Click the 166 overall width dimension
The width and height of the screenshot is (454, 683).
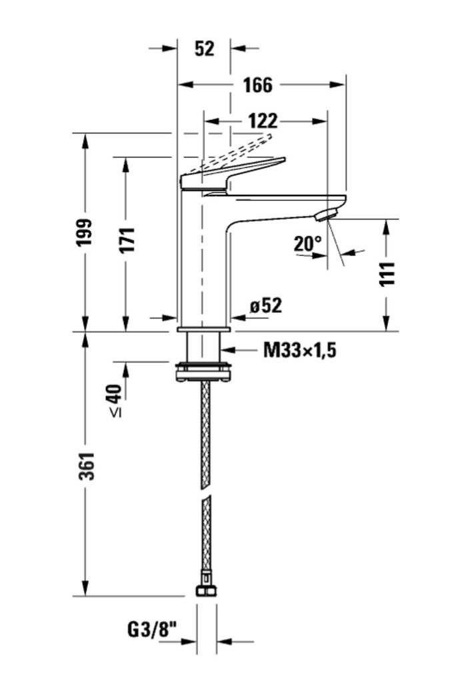tap(257, 85)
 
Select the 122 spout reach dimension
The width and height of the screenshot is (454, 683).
tap(262, 121)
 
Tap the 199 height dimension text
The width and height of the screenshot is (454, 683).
tap(85, 233)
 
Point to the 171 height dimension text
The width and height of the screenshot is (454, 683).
tap(127, 240)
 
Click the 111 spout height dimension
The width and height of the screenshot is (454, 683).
tap(387, 273)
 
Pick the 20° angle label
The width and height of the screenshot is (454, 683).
tap(308, 244)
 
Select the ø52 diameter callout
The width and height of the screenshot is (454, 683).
tap(266, 305)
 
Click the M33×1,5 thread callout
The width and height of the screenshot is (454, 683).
tap(299, 349)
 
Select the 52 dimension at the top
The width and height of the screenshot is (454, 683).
tap(205, 49)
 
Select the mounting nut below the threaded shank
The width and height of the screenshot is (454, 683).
tap(204, 372)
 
